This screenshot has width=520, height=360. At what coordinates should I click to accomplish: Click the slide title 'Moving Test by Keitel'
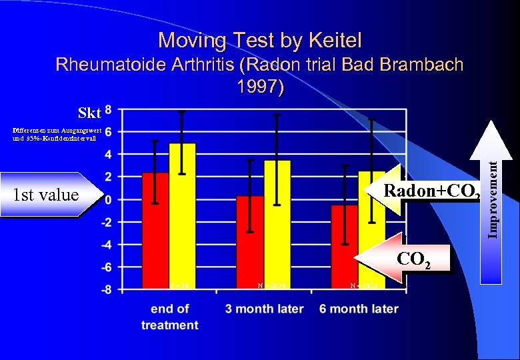pyautogui.click(x=260, y=41)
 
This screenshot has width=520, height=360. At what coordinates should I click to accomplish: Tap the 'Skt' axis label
pyautogui.click(x=89, y=111)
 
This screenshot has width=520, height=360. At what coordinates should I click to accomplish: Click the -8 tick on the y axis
pyautogui.click(x=107, y=290)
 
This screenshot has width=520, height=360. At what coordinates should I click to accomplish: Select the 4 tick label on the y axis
pyautogui.click(x=109, y=154)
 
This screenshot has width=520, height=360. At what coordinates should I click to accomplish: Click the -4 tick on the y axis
pyautogui.click(x=107, y=245)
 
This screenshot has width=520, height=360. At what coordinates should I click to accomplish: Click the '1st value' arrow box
pyautogui.click(x=47, y=195)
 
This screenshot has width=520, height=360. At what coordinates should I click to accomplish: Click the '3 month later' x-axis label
pyautogui.click(x=264, y=309)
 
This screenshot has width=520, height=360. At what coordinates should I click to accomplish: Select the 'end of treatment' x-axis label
pyautogui.click(x=169, y=317)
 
